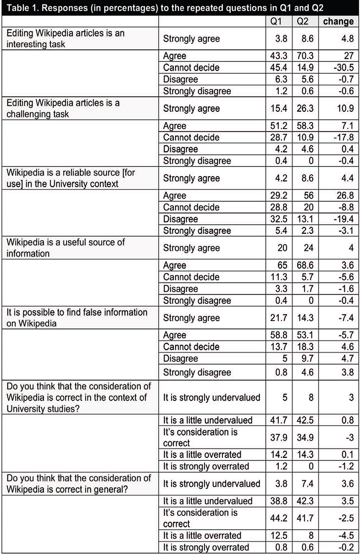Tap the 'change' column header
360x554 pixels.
click(338, 22)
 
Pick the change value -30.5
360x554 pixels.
click(342, 67)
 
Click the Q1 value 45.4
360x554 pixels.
click(279, 67)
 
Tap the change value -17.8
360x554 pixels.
click(342, 137)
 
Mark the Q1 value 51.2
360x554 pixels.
click(279, 125)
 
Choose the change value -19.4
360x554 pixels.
click(342, 219)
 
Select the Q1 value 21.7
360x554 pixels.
click(279, 318)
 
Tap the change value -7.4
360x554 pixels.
click(344, 318)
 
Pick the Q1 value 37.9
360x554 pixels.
click(279, 438)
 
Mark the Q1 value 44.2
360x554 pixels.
click(279, 518)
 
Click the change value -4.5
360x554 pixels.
click(344, 535)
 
